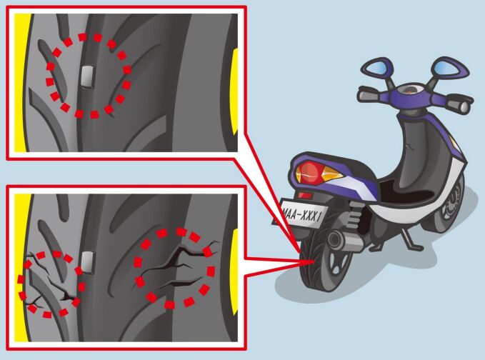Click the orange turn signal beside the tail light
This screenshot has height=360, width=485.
click(x=331, y=176)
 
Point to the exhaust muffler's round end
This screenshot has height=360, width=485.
click(x=335, y=239)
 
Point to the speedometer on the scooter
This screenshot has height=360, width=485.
click(x=410, y=90)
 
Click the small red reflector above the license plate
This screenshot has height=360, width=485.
click(x=305, y=196)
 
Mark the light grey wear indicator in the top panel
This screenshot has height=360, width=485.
click(x=88, y=77)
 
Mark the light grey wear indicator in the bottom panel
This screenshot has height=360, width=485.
click(x=87, y=263)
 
